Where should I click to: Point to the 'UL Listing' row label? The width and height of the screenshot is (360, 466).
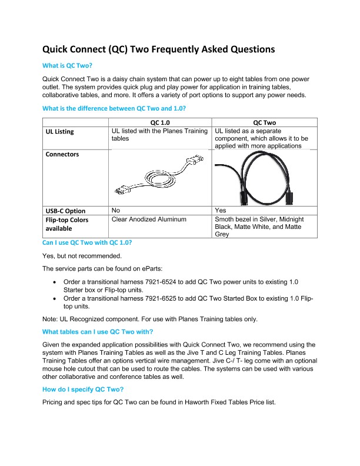(x=60, y=131)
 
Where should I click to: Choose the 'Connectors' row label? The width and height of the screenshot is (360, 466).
(x=61, y=154)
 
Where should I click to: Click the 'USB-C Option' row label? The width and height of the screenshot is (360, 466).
(x=65, y=211)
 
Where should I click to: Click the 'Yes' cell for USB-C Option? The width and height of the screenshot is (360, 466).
(x=222, y=210)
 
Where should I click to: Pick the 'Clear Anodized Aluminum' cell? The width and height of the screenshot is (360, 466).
(x=148, y=219)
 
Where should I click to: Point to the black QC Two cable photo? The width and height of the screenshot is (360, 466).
(x=263, y=177)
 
